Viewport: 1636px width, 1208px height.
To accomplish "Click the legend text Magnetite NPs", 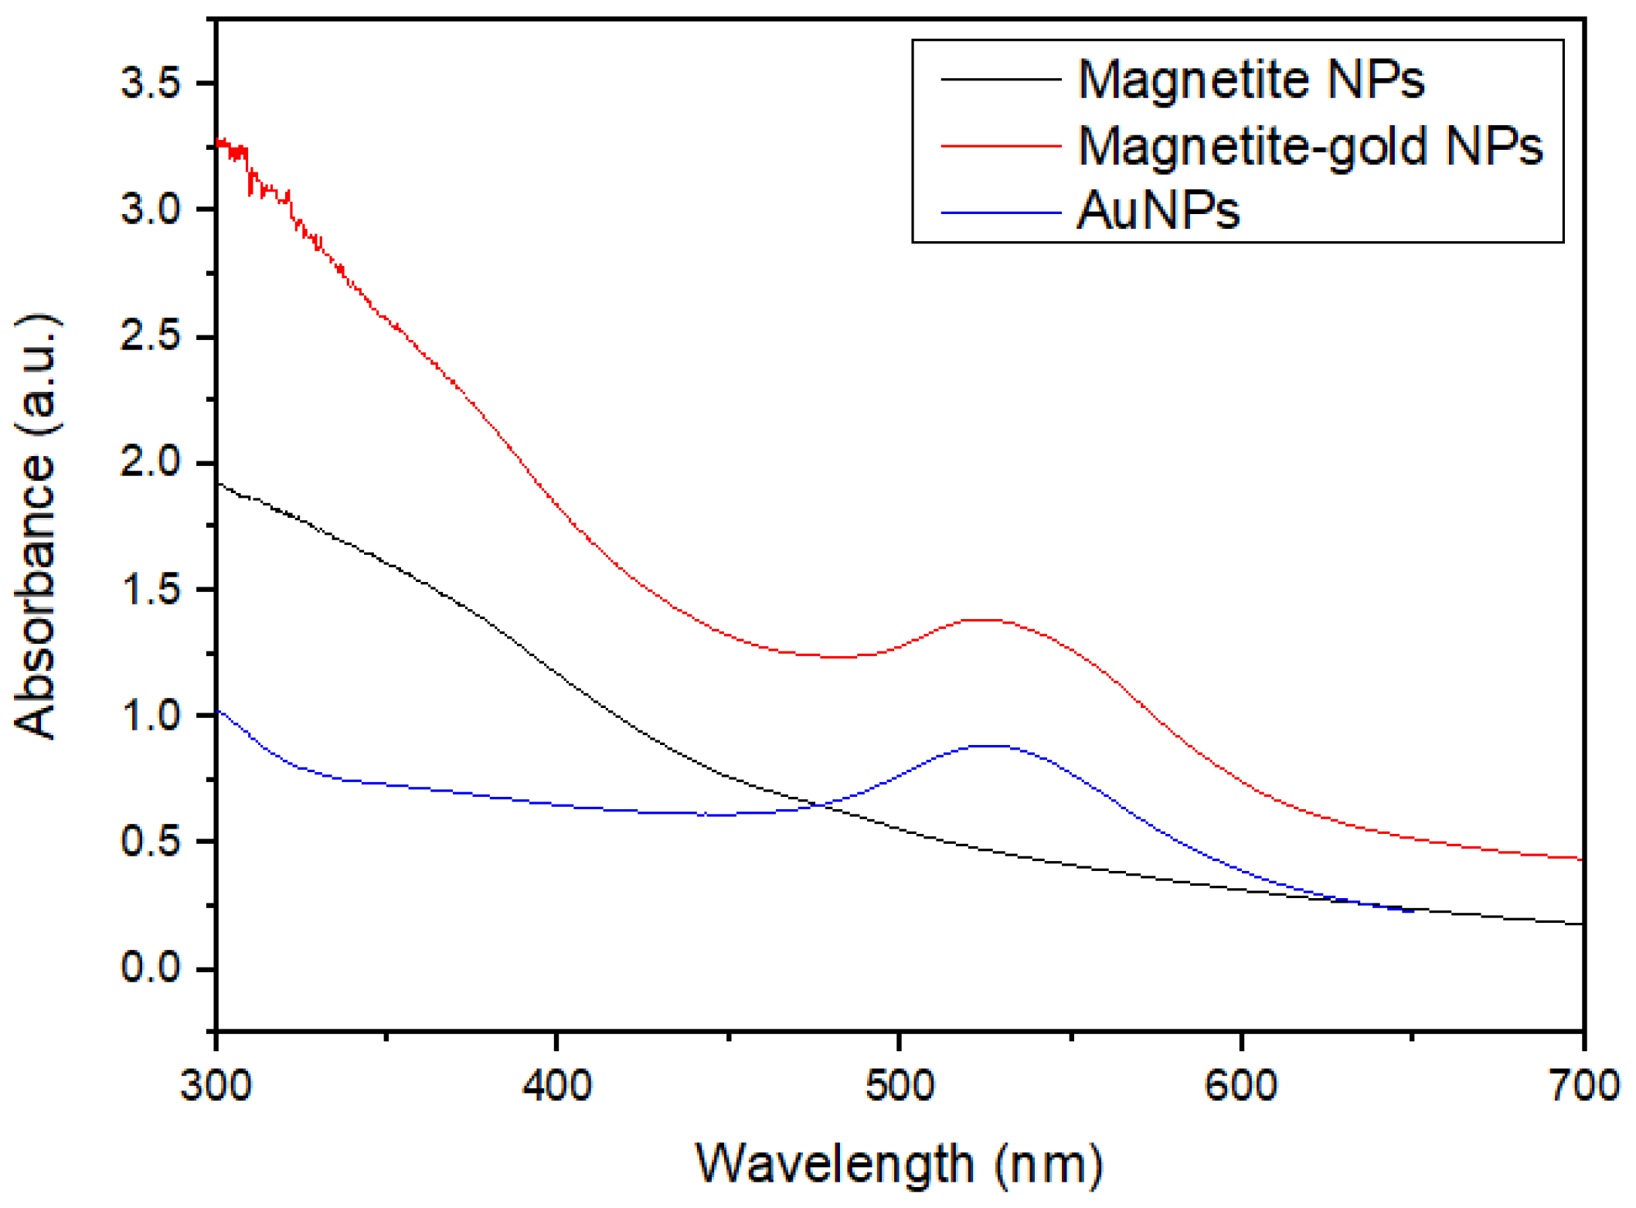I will pos(1250,79).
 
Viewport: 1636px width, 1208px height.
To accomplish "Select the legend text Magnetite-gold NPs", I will pos(1309,145).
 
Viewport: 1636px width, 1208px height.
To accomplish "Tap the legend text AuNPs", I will pos(1157,210).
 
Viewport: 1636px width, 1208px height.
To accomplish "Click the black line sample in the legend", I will pos(1000,79).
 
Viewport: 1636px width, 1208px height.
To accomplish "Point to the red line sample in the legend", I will pos(1000,145).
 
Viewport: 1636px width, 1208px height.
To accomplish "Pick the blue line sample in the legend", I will pos(1000,212).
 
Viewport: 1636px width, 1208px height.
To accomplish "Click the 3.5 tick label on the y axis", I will pos(151,82).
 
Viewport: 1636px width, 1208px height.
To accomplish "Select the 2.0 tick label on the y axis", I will pos(151,462).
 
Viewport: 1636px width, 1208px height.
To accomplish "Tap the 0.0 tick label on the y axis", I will pos(151,968).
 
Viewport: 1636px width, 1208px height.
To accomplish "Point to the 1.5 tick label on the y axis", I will pos(151,589).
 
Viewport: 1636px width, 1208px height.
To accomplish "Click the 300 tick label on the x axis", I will pos(216,1085).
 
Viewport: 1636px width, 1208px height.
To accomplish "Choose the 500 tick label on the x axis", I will pos(899,1085).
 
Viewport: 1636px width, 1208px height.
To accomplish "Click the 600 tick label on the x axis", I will pos(1241,1085).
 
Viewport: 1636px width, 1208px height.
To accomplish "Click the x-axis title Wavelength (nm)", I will pos(899,1163).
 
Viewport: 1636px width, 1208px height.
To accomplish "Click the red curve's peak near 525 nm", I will pos(985,620).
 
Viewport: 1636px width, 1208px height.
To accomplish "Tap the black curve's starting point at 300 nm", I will pos(219,484).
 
